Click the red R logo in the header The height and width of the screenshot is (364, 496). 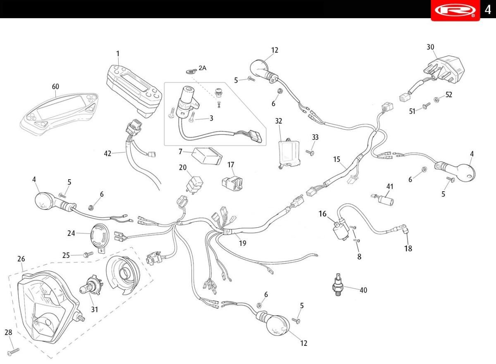click(455, 10)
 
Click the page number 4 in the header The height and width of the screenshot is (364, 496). click(488, 10)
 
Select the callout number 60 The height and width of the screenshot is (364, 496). click(55, 86)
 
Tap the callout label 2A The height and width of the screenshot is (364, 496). click(202, 68)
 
